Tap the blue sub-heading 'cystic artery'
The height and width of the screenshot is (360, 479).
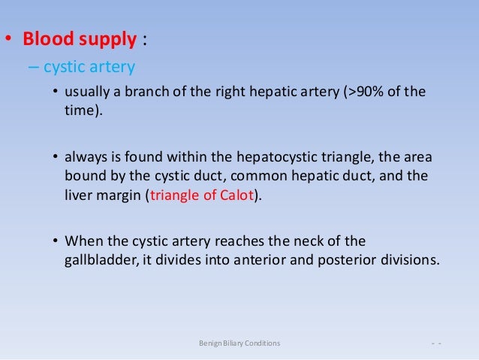click(x=89, y=68)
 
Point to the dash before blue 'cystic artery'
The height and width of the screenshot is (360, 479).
click(x=35, y=68)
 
